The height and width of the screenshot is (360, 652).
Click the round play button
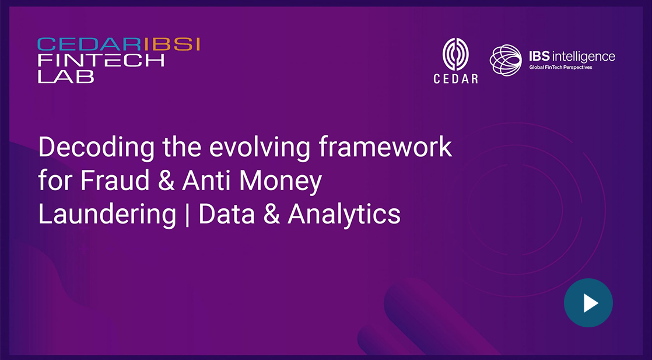pos(588,303)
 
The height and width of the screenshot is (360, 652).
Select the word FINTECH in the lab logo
pos(101,60)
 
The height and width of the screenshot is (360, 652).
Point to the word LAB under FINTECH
pos(66,76)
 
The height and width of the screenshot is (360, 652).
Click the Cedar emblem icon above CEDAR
pos(455,54)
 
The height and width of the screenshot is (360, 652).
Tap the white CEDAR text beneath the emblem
pos(455,79)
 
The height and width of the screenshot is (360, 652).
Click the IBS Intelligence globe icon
pos(505,60)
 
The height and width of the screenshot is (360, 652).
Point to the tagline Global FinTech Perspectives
pos(560,67)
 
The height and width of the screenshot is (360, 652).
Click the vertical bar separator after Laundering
pos(187,216)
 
